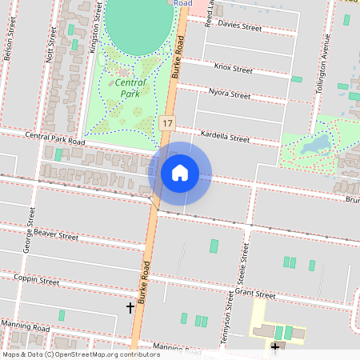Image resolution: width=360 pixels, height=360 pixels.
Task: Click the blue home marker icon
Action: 180,173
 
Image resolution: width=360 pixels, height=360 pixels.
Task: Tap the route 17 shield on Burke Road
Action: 166,123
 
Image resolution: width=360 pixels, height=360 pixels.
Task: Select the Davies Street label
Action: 239,26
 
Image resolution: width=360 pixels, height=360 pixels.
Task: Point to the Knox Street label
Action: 234,69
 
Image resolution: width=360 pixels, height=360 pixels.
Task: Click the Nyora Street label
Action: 230,94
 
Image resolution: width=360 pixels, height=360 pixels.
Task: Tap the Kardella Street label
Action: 225,138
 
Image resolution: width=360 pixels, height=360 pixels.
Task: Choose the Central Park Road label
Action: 54,138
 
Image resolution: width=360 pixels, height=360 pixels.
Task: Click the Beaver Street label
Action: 56,234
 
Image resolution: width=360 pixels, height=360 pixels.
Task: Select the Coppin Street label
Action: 37,280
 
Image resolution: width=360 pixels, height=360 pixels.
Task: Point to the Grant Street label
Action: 255,295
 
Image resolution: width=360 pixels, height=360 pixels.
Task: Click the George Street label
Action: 30,230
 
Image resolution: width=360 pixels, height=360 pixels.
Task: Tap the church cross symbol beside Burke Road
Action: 130,307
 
